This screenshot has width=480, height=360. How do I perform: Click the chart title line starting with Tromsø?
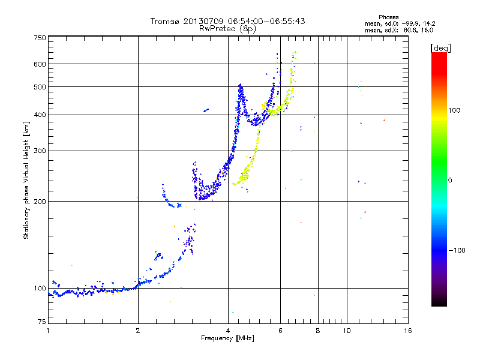coord(227,21)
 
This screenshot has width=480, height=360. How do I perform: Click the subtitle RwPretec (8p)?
coord(227,28)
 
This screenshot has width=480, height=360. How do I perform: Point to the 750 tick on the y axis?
coord(40,38)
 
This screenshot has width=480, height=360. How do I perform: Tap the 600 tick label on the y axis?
coord(40,64)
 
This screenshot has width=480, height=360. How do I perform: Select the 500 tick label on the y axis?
coord(40,87)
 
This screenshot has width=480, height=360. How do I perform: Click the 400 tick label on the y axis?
coord(40,115)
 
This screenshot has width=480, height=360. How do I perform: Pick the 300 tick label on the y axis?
coord(40,151)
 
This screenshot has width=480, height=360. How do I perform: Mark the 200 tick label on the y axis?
coord(40,202)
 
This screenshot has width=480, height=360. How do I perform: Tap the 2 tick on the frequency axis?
coord(138,331)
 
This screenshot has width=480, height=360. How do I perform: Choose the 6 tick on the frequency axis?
coord(280,331)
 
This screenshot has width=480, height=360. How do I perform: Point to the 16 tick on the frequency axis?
coord(407,331)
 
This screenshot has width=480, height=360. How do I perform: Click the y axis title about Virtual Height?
coord(26,181)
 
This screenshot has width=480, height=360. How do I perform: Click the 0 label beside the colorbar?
coord(451,180)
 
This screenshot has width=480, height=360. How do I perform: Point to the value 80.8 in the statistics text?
coord(410,29)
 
